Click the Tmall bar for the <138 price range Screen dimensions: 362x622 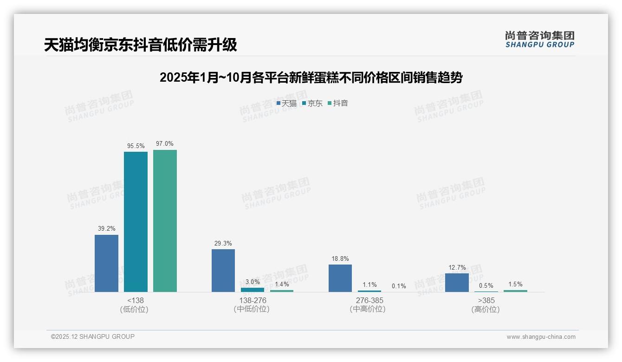coord(106,263)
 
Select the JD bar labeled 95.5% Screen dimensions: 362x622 coord(136,222)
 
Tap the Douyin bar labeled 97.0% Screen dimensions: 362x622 coord(165,221)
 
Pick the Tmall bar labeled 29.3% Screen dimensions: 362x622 coord(223,271)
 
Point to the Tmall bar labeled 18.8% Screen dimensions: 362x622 coord(340,278)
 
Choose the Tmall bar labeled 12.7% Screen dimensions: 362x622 coord(457,283)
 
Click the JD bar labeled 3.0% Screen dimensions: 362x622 coord(253,290)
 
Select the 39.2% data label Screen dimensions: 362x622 coord(106,228)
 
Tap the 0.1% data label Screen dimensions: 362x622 coord(399,286)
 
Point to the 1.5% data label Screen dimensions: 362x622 coord(515,284)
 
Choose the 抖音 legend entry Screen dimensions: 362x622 coord(338,103)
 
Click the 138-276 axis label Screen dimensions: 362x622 coord(252,301)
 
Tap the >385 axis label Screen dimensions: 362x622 coord(486,301)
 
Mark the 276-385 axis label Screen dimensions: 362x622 coord(369,301)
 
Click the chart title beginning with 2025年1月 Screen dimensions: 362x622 coord(311,78)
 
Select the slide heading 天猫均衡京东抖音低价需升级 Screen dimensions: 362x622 coord(140,45)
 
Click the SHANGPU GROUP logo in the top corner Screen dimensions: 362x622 coord(539,39)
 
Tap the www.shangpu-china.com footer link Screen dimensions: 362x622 coord(541,337)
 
